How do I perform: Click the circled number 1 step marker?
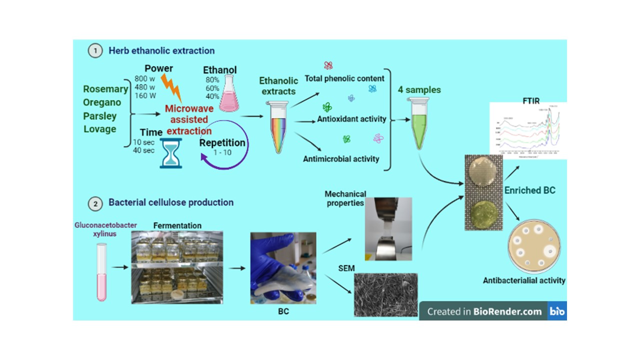tap(93, 50)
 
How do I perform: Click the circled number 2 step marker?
tap(93, 203)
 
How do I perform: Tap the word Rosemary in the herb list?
tap(105, 89)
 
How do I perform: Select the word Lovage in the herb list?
tap(99, 129)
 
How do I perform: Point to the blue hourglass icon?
tap(170, 152)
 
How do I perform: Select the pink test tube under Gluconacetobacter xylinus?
tap(102, 272)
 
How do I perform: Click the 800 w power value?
tap(144, 78)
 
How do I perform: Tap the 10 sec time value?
tap(143, 142)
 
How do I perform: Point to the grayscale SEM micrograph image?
tap(385, 294)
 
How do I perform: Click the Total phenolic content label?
tap(350, 78)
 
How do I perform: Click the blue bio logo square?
tap(557, 311)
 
